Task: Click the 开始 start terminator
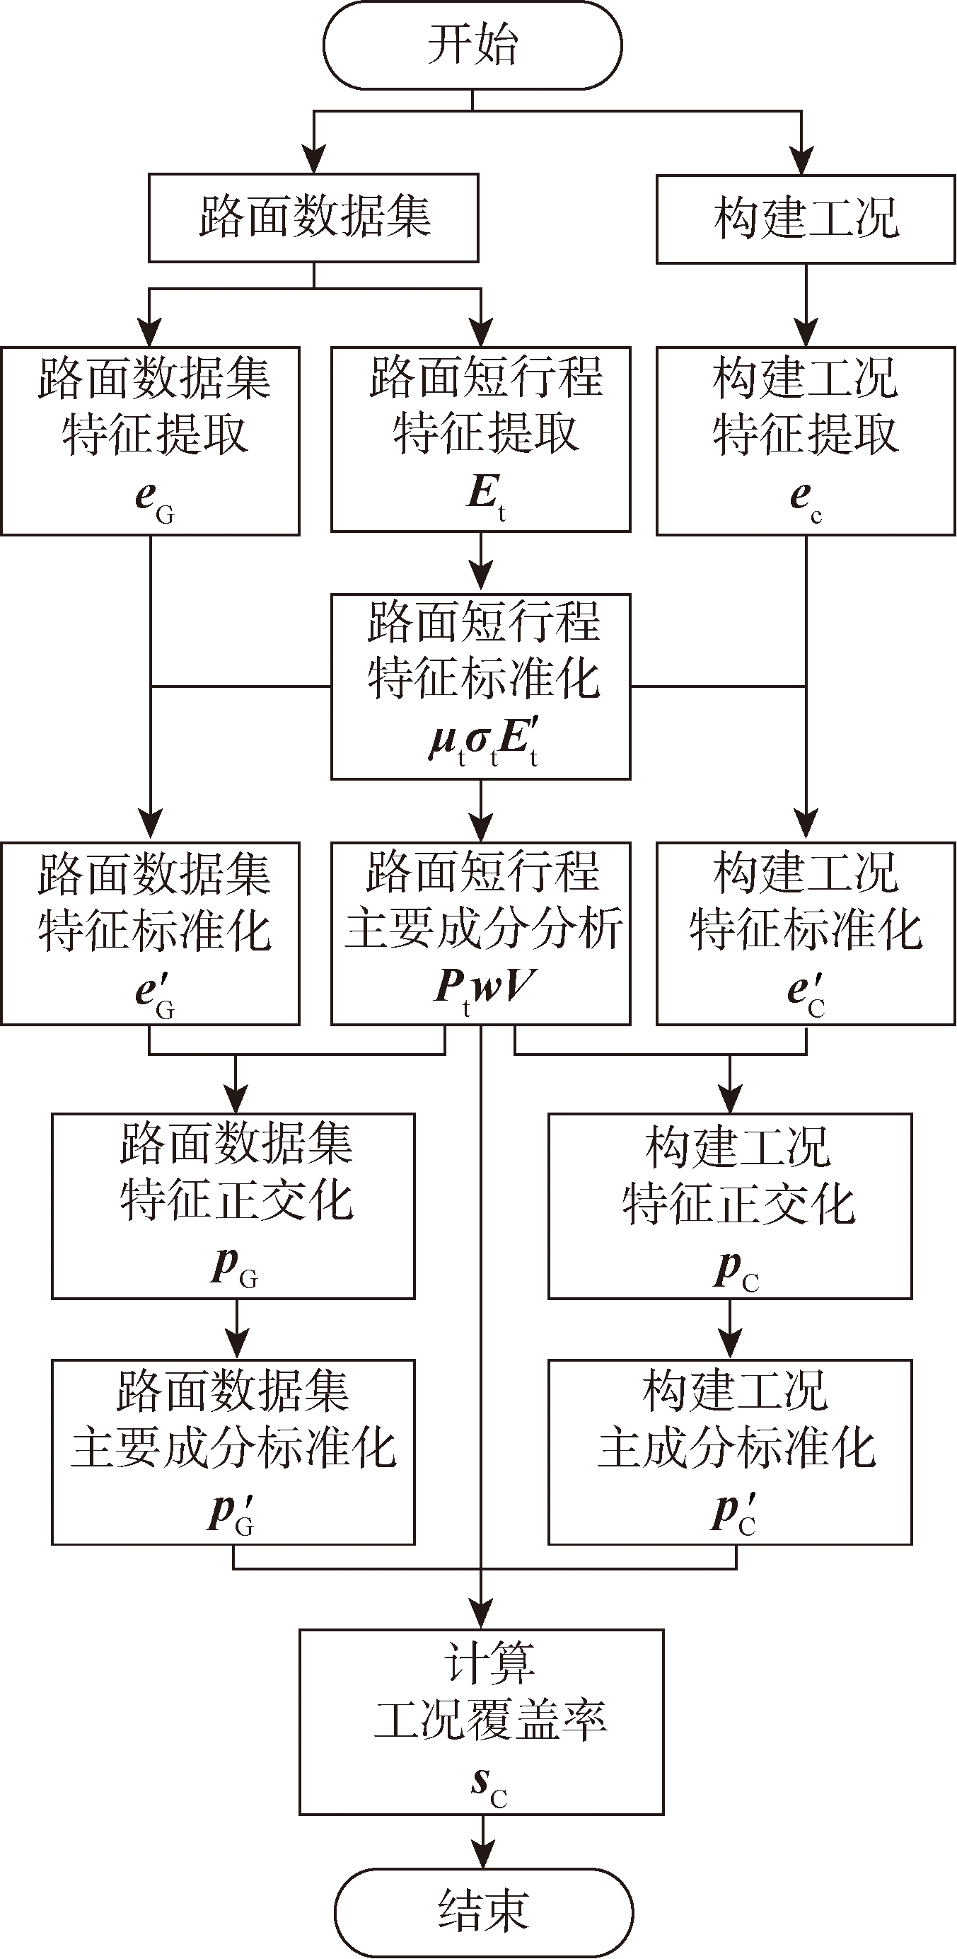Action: tap(472, 45)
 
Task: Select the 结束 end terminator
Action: tap(483, 1912)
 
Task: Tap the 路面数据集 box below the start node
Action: tap(313, 217)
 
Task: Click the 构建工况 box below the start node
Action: tap(806, 219)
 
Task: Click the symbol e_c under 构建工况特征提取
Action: tap(805, 499)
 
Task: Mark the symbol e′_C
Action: tap(805, 993)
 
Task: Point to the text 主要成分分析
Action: tap(483, 929)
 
